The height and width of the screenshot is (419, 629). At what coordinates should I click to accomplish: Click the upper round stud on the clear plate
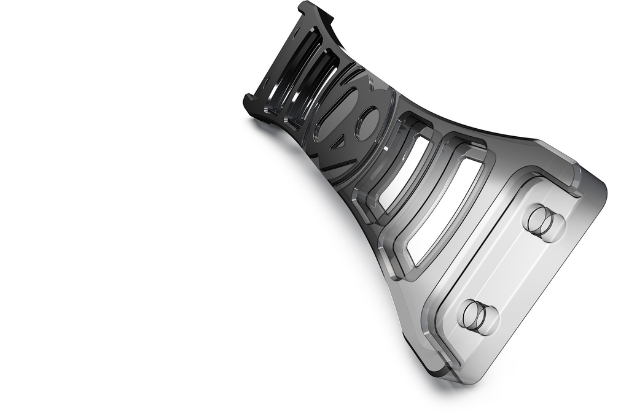(544, 222)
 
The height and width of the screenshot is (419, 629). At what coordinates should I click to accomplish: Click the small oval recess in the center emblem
(367, 123)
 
